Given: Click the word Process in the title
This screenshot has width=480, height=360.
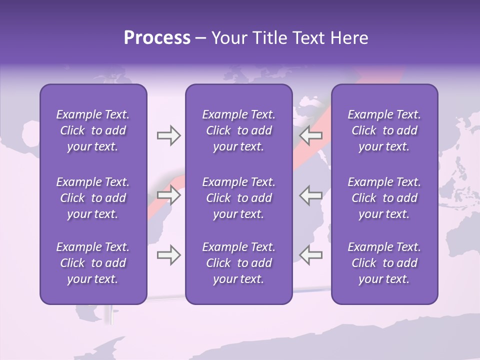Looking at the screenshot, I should pos(157,38).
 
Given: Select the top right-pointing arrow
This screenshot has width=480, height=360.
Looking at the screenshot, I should pos(168,135).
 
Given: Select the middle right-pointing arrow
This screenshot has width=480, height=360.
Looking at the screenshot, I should pos(168,195).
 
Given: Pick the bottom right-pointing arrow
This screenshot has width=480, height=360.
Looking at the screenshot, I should pos(168,255).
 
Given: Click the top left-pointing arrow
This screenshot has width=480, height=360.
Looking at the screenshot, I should pos(311,135).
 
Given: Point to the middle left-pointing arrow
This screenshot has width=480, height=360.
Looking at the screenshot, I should pos(311,195).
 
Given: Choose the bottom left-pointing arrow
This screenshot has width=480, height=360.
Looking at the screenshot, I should pos(311,255).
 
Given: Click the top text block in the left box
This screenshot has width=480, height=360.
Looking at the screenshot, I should pos(93,130).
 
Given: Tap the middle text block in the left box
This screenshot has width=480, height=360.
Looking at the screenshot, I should pos(93,198).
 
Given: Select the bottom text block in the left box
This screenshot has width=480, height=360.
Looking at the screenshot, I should pos(93,263).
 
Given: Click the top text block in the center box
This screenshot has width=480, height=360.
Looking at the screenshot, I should pos(238,130).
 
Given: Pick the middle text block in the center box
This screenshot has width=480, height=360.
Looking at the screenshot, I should pos(238,198).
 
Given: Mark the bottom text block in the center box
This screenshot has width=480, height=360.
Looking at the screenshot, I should pos(238,263).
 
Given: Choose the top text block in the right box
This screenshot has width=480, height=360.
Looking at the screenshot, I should pos(384,130).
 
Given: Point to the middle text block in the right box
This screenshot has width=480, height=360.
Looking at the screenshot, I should pos(384,198).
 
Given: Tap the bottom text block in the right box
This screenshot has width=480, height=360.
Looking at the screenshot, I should pos(384,263).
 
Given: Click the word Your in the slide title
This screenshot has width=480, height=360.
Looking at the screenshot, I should pos(228,38).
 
